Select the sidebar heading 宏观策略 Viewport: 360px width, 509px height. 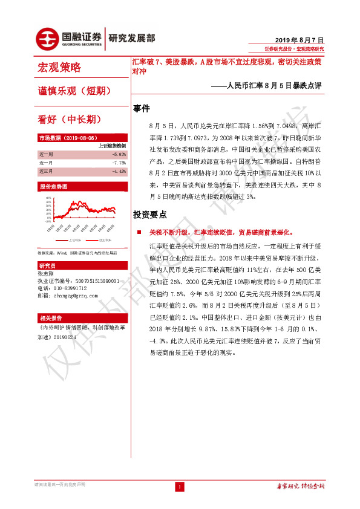tap(59, 67)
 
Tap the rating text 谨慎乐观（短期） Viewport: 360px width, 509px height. tap(74, 91)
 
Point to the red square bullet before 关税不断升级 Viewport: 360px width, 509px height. tap(138, 232)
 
